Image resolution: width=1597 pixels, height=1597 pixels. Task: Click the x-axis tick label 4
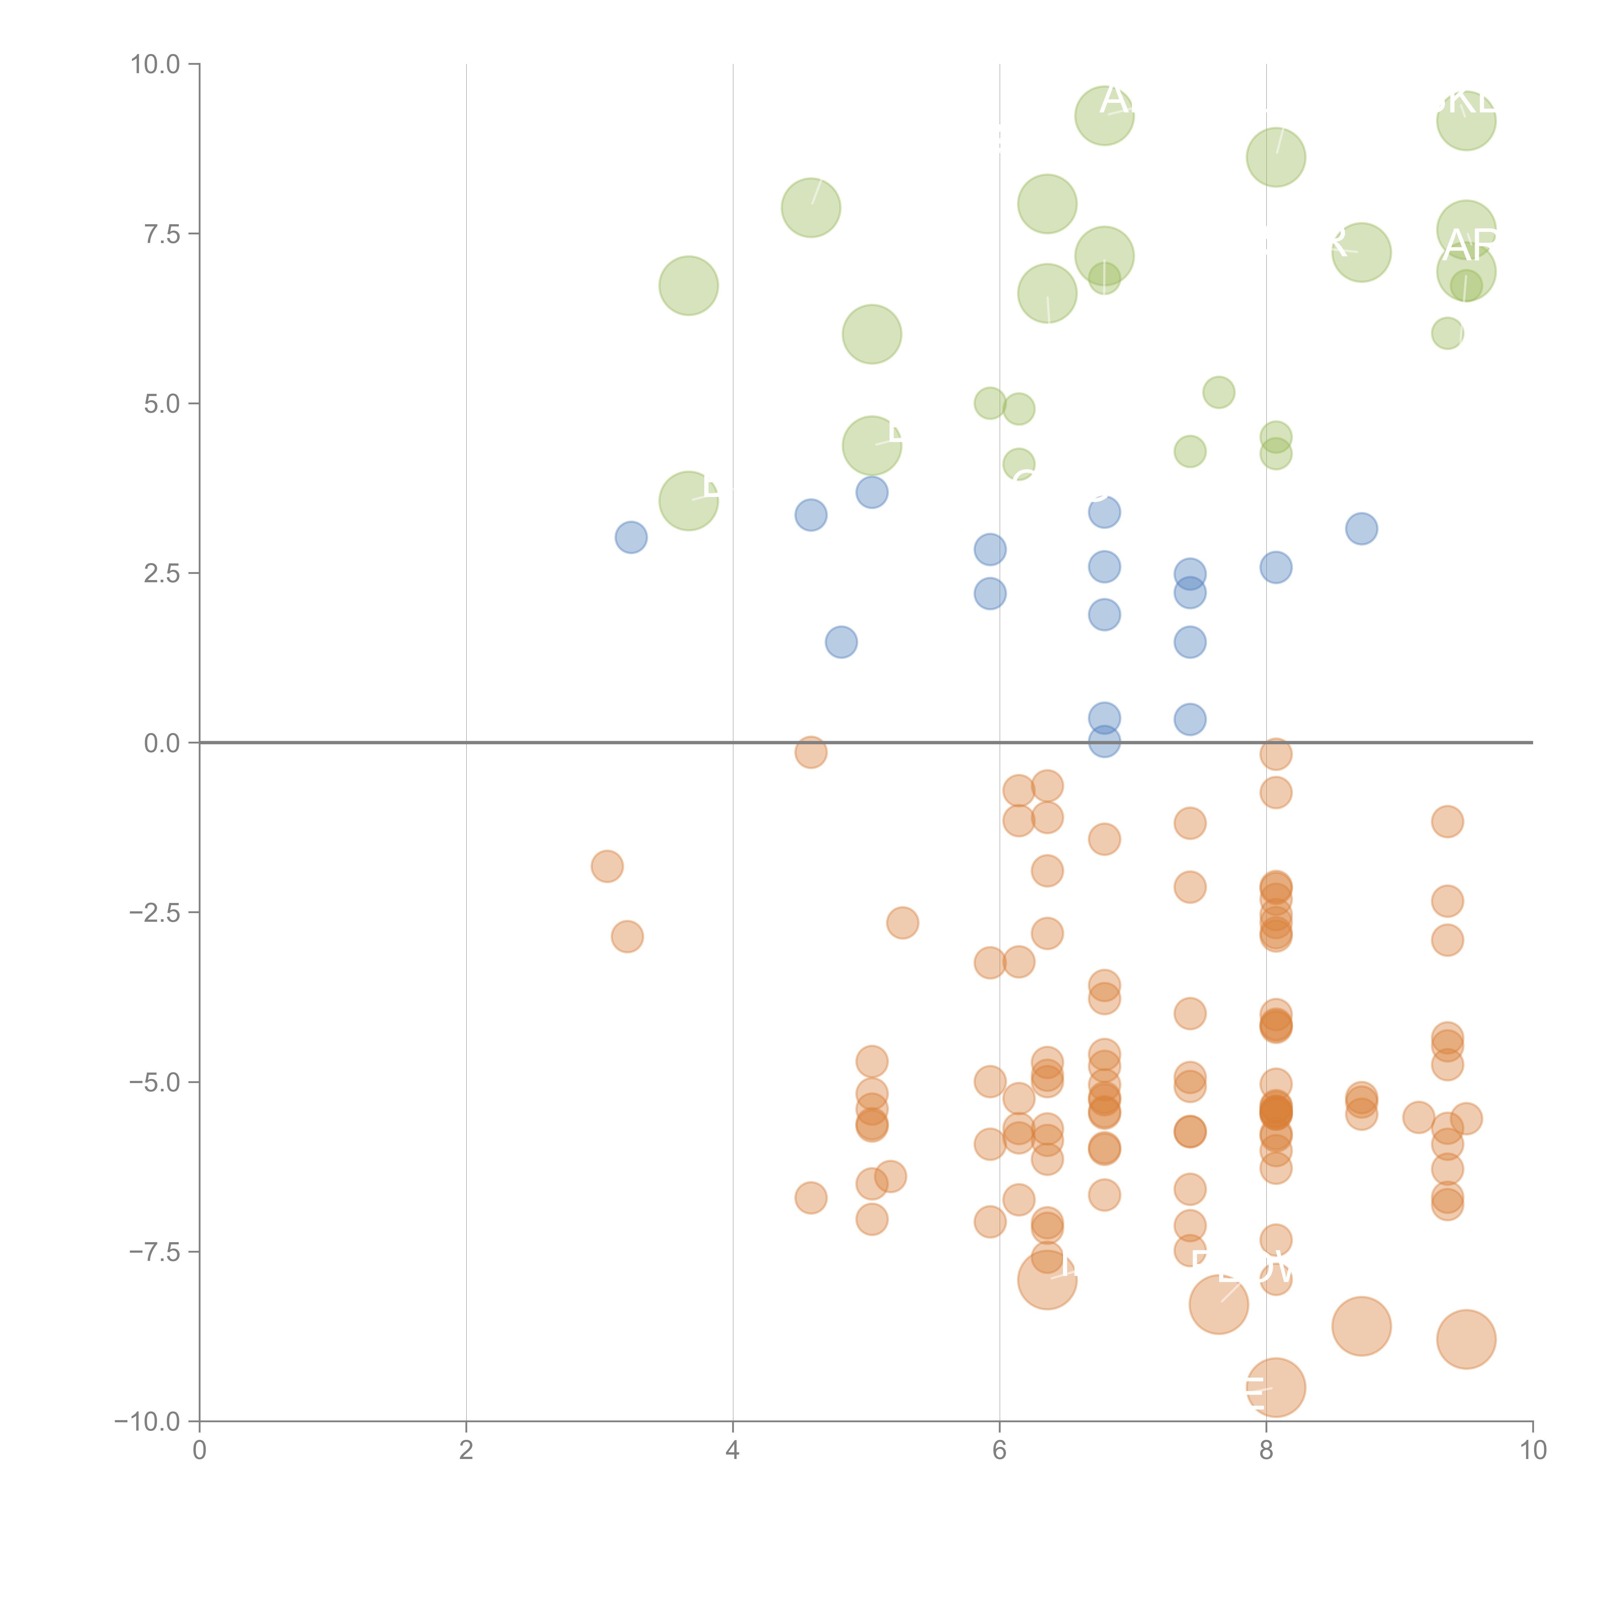click(732, 1451)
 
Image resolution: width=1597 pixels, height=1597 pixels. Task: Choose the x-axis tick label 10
click(1532, 1451)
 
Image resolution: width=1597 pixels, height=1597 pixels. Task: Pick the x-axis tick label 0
click(199, 1451)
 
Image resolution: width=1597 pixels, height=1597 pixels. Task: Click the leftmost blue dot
click(631, 538)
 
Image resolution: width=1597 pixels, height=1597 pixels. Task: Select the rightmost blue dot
click(1361, 528)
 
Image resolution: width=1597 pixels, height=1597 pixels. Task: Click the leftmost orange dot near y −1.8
click(607, 866)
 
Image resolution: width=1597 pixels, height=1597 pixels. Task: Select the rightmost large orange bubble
click(1466, 1339)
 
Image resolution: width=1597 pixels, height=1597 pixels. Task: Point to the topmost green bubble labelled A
click(1104, 116)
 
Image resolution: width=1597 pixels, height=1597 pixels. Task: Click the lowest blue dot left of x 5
click(841, 642)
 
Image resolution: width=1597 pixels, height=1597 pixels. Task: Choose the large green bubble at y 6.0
click(871, 334)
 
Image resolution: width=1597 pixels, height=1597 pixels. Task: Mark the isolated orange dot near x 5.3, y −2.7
click(902, 922)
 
